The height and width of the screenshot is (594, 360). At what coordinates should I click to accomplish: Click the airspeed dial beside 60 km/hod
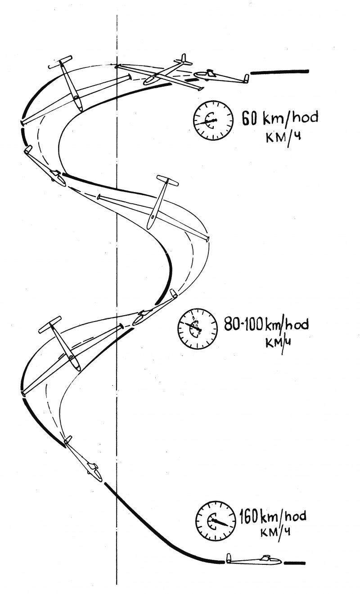click(x=213, y=120)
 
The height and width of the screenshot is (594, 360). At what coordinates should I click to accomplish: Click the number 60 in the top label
click(x=250, y=118)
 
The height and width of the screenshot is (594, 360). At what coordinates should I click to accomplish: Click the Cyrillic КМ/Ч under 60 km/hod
click(x=283, y=138)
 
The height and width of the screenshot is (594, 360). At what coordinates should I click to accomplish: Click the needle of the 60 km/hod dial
click(x=206, y=122)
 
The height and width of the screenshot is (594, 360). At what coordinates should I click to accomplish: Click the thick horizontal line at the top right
click(x=279, y=71)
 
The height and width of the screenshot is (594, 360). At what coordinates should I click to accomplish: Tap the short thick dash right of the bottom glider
click(x=295, y=562)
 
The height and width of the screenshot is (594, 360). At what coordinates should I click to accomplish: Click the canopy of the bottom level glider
click(x=267, y=557)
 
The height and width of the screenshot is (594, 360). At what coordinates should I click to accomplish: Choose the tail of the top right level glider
click(x=247, y=79)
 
